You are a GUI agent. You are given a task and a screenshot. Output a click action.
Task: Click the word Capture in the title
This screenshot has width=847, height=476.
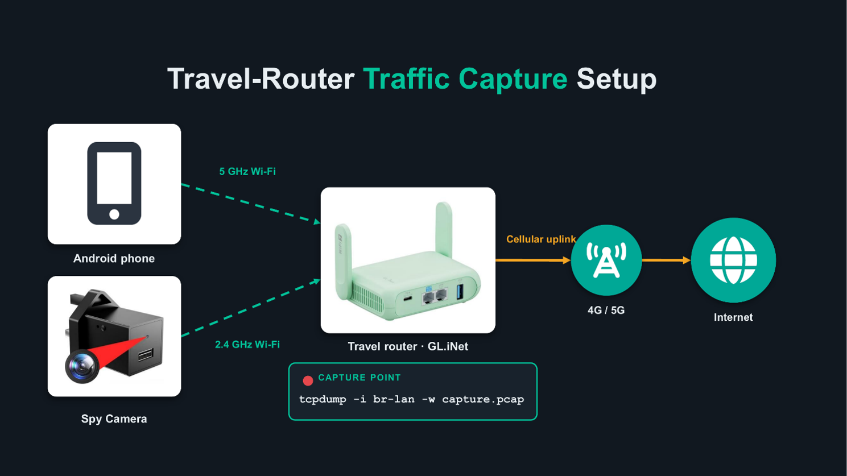tap(513, 79)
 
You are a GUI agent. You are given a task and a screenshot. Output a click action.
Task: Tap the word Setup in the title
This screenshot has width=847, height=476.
tap(617, 79)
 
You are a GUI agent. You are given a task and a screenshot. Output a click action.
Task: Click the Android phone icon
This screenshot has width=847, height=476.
tap(114, 183)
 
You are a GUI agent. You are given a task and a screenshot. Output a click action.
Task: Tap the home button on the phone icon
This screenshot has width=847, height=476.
tap(114, 214)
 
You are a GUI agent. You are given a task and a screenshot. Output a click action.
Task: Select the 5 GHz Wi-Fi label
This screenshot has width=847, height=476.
tap(247, 171)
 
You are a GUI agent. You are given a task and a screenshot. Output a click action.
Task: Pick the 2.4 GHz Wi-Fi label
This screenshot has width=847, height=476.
tap(247, 345)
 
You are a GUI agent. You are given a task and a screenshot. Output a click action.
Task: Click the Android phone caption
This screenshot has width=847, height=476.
tap(114, 259)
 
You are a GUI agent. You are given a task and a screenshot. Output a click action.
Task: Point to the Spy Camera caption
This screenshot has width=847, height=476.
tap(114, 419)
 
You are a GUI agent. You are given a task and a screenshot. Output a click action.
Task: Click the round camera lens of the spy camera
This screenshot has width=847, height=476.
tap(82, 366)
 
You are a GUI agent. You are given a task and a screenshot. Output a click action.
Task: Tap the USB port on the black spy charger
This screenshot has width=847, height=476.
tap(146, 355)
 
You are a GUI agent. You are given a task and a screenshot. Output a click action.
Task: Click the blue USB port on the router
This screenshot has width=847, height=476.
tap(460, 292)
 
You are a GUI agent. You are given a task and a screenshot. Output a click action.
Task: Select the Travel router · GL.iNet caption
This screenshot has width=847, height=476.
tap(408, 346)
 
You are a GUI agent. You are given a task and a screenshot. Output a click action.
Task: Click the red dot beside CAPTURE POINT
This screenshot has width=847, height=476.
tap(308, 380)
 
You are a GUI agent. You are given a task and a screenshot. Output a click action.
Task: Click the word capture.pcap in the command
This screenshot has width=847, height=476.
tap(483, 400)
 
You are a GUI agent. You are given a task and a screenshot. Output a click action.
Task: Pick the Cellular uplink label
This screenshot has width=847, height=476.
tap(541, 239)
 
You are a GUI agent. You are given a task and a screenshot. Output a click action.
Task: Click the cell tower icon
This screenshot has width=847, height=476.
tap(606, 260)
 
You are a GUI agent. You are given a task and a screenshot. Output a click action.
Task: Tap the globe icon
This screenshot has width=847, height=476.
tap(733, 260)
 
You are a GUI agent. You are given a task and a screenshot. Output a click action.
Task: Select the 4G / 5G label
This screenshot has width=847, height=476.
tap(606, 311)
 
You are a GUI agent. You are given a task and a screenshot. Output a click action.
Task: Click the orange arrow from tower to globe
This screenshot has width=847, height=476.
tap(666, 260)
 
